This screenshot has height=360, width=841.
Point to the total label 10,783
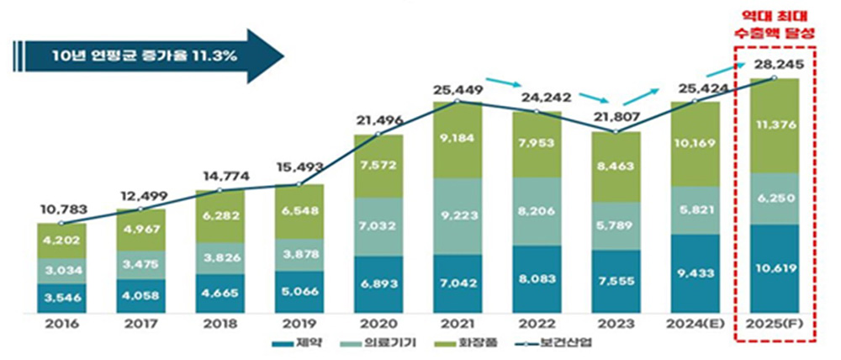(60, 206)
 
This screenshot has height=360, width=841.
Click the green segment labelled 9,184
(458, 140)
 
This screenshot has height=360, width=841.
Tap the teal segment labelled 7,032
(378, 226)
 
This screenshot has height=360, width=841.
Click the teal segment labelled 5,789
(615, 226)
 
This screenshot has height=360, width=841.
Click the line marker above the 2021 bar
(458, 102)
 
